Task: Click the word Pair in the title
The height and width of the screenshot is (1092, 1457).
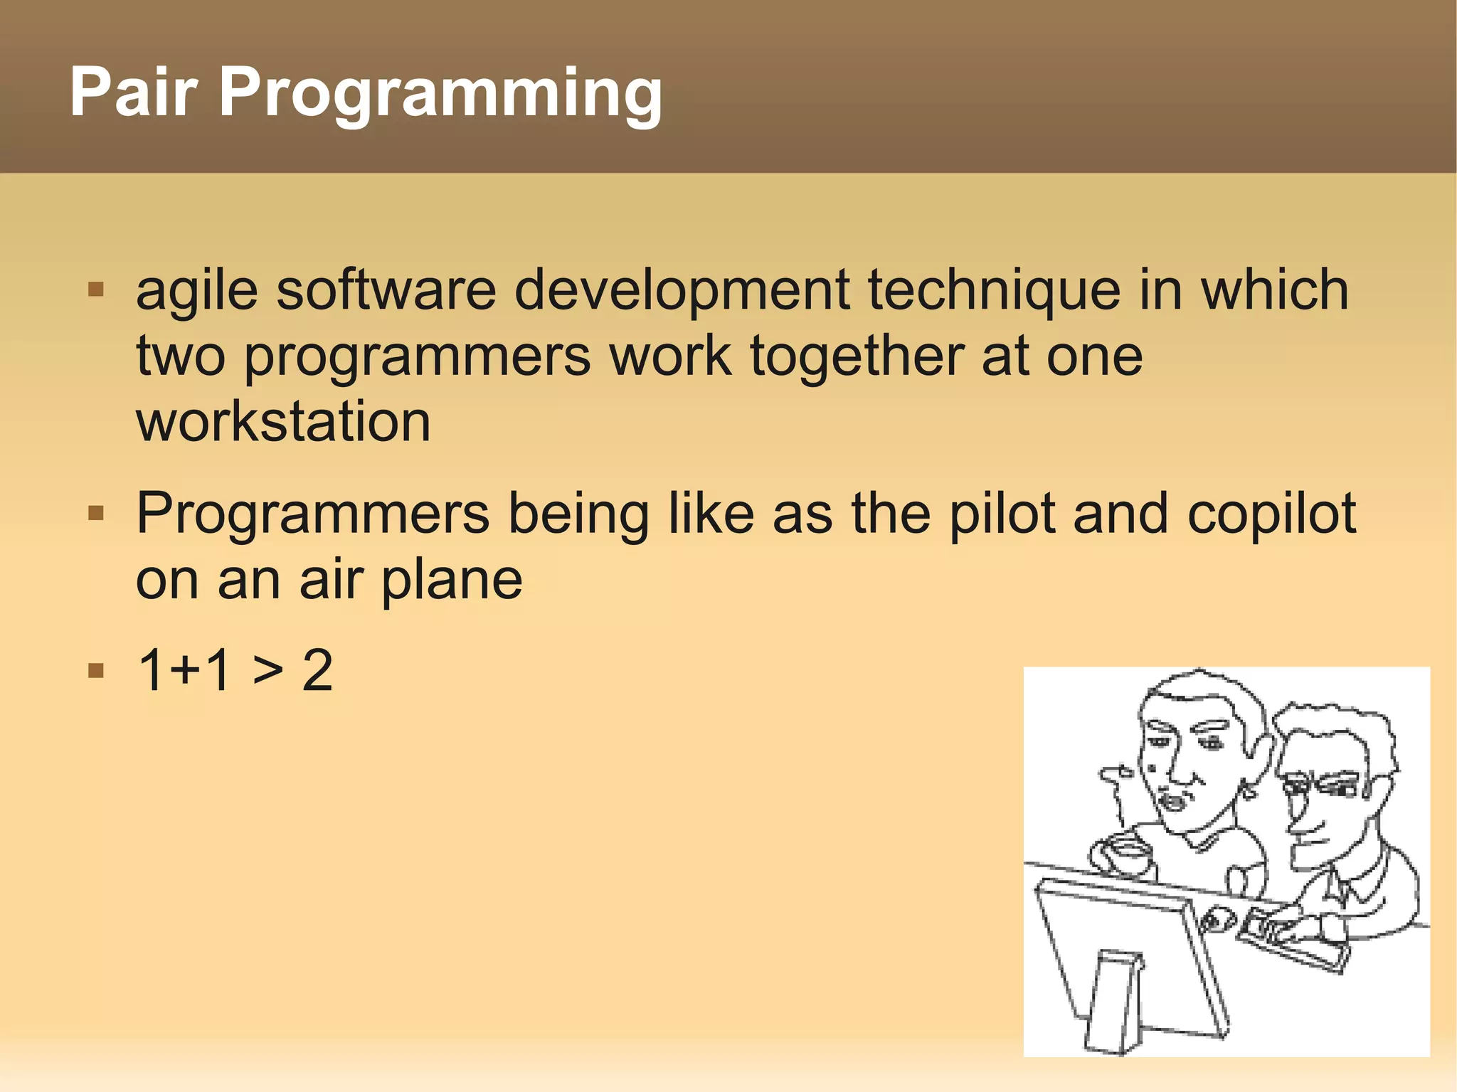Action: pos(133,92)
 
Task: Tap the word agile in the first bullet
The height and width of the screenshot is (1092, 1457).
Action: pos(196,292)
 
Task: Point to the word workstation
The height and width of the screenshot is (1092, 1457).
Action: pos(283,422)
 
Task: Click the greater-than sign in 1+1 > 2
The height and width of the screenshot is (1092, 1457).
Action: pos(267,671)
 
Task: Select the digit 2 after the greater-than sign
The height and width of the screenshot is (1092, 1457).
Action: pos(317,671)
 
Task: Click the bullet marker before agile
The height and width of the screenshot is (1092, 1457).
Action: pos(96,290)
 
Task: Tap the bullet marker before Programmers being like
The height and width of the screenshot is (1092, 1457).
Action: pos(96,513)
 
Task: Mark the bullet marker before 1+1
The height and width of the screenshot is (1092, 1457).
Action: pos(96,670)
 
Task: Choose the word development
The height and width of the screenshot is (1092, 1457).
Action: pos(682,292)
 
